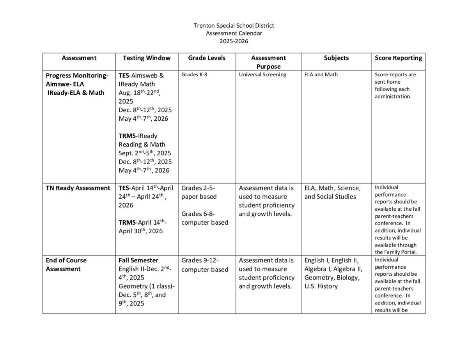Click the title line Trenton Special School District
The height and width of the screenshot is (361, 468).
coord(234,26)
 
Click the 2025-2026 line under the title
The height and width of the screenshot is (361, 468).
coord(234,41)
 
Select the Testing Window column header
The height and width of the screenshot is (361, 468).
coord(147,58)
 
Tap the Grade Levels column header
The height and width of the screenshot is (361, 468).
coord(207,58)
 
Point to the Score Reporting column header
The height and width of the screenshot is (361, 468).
coord(398,58)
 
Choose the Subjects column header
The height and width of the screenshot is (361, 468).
coord(336,58)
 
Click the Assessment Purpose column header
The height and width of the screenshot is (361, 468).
coord(268,62)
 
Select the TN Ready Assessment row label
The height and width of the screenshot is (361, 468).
coord(78,188)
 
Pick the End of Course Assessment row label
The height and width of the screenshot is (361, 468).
coord(66,264)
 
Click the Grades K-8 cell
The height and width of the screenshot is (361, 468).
coord(194,75)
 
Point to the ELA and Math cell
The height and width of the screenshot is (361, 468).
coord(321,75)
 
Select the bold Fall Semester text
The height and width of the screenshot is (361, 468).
coord(138,260)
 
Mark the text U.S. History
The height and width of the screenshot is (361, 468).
coord(321,286)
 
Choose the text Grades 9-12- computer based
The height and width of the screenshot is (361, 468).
coord(205,265)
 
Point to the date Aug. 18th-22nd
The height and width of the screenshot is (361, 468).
coord(139,93)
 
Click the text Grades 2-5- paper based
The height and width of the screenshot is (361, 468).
coord(199,192)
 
